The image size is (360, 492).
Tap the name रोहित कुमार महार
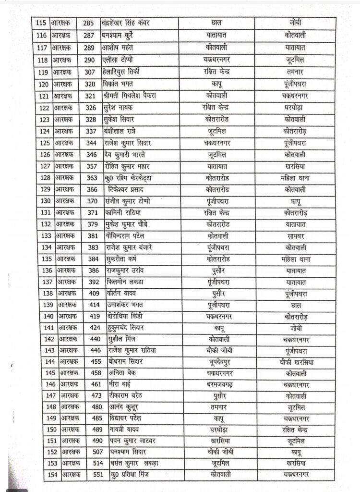click(x=127, y=167)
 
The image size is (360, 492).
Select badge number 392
click(x=93, y=282)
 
